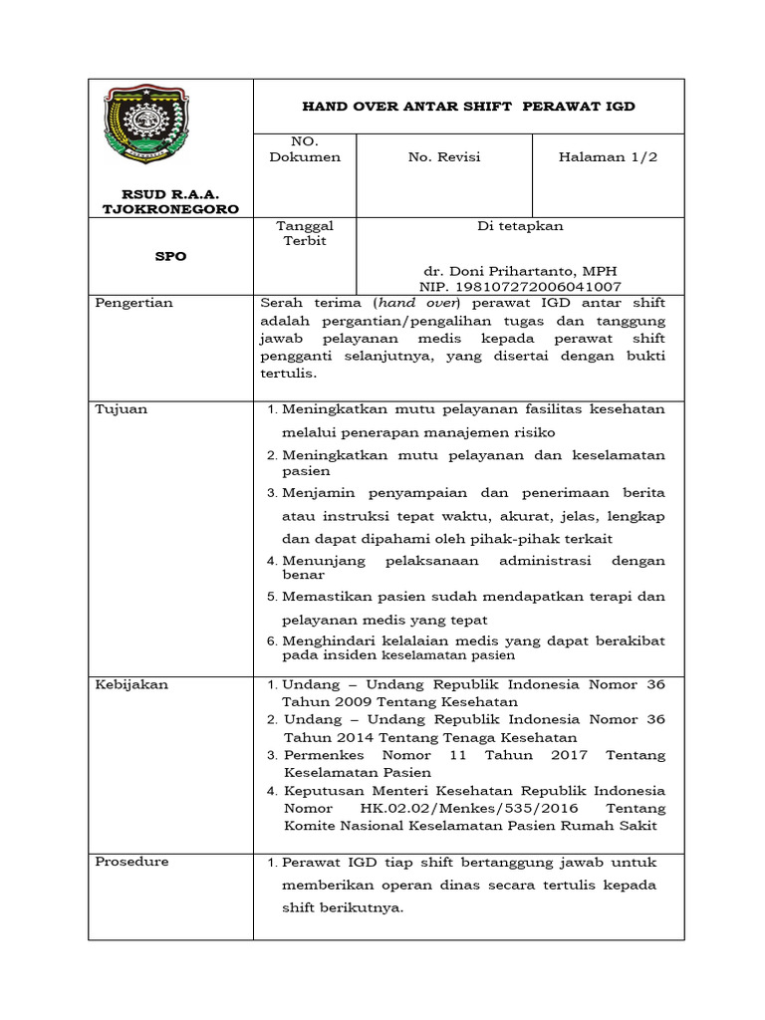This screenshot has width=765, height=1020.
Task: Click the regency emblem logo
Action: click(147, 128)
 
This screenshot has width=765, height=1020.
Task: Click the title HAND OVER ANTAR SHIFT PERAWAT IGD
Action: click(468, 107)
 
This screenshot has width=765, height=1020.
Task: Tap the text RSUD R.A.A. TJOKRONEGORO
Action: click(170, 201)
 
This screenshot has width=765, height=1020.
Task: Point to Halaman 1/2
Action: click(608, 157)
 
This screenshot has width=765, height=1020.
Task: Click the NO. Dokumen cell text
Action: click(304, 149)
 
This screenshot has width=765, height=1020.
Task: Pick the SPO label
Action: click(170, 256)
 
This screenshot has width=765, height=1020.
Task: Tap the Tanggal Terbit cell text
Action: click(304, 234)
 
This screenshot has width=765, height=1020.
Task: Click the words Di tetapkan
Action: click(520, 226)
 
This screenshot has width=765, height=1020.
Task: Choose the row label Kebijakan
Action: click(131, 684)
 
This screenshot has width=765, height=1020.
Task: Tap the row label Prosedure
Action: click(131, 862)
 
